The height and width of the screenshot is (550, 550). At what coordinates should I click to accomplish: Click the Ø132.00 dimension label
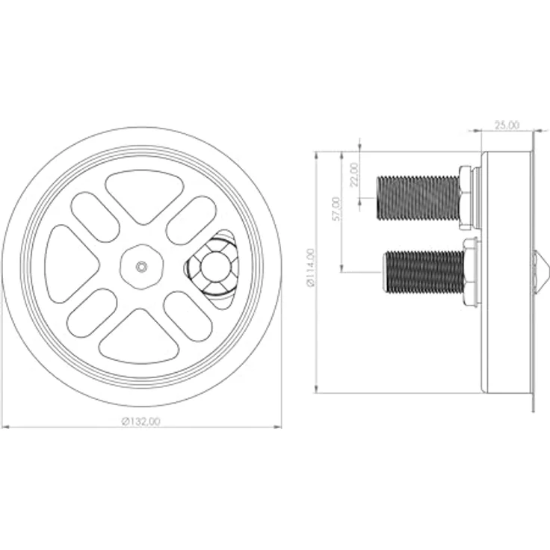[141, 421]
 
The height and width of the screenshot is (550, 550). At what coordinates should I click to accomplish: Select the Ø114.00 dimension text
[310, 268]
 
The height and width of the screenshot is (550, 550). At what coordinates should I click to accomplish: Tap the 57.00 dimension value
[336, 208]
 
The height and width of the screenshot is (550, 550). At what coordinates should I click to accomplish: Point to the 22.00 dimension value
[354, 174]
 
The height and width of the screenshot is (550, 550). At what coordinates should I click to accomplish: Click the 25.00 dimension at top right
[507, 125]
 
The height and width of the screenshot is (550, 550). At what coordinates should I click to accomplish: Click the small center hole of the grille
[141, 267]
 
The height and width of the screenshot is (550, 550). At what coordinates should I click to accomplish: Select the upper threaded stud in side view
[418, 198]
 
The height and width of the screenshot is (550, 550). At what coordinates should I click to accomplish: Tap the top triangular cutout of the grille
[144, 196]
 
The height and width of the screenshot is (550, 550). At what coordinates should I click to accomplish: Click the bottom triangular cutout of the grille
[139, 338]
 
